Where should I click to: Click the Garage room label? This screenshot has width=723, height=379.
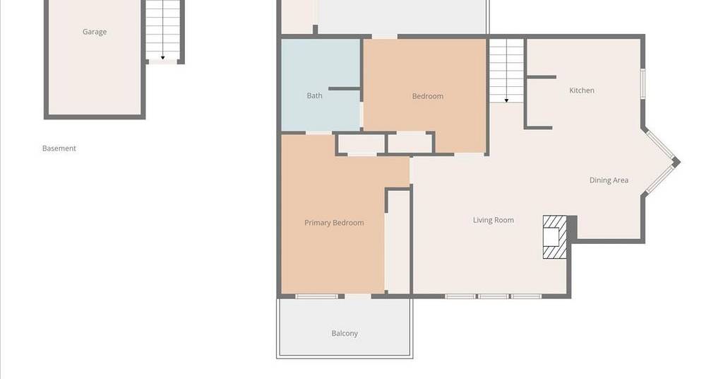(95, 32)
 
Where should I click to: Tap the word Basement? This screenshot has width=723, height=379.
(59, 148)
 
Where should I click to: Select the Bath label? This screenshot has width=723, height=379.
(314, 95)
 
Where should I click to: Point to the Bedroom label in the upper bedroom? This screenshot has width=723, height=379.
(427, 96)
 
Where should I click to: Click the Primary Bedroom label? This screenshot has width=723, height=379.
(334, 223)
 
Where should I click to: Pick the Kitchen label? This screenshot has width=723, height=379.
(582, 91)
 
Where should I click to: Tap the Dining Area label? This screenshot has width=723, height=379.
(609, 180)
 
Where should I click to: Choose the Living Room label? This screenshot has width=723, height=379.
(494, 220)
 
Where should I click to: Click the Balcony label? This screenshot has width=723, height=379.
(345, 333)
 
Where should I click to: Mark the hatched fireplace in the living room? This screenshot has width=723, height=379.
(554, 237)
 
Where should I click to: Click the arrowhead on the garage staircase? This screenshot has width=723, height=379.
(163, 58)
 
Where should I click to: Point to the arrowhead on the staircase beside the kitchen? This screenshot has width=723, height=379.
(506, 100)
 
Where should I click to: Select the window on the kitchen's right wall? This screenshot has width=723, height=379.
(643, 83)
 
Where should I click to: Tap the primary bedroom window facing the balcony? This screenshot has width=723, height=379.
(316, 296)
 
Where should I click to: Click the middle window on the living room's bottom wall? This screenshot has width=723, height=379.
(493, 296)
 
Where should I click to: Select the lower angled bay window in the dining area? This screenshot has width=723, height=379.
(659, 179)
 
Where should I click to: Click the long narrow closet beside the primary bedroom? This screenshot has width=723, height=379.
(398, 241)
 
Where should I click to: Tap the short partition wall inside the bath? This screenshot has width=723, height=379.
(344, 88)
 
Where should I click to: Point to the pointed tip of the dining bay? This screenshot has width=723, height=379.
(680, 162)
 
